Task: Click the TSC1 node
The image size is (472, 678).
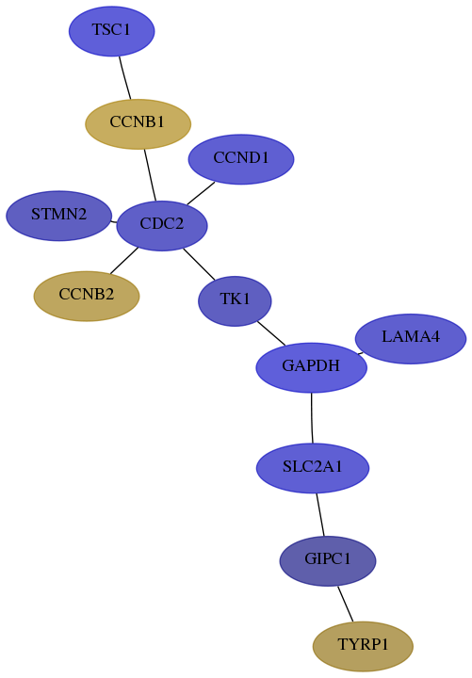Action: click(111, 31)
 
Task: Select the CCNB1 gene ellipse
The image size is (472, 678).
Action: click(138, 124)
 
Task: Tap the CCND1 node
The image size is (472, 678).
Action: click(241, 159)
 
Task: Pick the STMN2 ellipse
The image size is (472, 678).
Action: click(58, 216)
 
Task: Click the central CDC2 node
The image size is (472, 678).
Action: click(162, 226)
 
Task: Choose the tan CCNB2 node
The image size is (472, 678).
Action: click(87, 297)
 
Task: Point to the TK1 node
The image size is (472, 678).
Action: click(235, 301)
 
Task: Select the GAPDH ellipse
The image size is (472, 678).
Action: click(312, 367)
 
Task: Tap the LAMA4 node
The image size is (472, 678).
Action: click(411, 339)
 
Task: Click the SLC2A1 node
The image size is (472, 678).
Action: click(313, 468)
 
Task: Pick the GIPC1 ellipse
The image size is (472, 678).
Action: click(328, 561)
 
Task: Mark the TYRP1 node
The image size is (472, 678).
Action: click(363, 646)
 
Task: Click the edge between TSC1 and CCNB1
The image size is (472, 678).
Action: click(125, 78)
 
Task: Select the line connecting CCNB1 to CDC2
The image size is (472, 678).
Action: click(150, 175)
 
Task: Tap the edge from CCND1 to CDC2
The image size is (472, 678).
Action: click(201, 193)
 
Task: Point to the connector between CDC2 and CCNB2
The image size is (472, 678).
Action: click(124, 261)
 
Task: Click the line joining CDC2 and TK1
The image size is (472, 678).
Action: click(199, 264)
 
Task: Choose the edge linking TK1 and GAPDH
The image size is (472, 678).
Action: click(271, 333)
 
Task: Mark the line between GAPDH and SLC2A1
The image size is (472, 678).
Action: click(312, 418)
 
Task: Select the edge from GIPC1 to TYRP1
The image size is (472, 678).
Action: click(346, 604)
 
